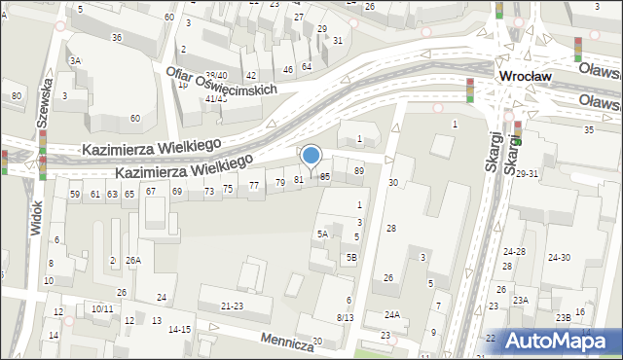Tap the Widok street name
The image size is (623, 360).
37,216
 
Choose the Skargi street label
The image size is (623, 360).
492,150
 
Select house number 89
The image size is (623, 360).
358,171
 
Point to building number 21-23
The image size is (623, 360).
232,306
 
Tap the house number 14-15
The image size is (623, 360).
179,330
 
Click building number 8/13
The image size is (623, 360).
345,317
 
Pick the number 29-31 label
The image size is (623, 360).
527,173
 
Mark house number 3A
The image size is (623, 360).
75,60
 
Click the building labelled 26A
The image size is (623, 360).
132,260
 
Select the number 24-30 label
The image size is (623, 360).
559,258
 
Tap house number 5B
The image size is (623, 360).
351,257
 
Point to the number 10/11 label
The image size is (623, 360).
102,309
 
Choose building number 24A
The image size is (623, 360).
391,314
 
